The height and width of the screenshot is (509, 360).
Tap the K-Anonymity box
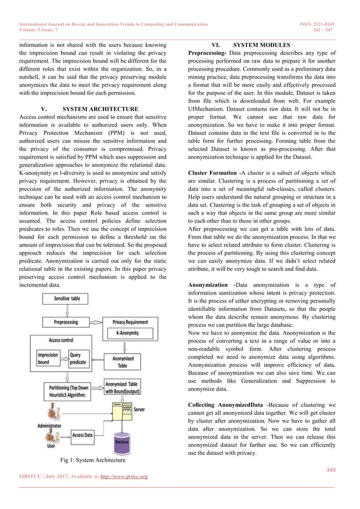pyautogui.click(x=133, y=334)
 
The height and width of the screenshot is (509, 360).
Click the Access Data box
pyautogui.click(x=82, y=435)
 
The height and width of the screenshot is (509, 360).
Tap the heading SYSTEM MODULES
pyautogui.click(x=261, y=45)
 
